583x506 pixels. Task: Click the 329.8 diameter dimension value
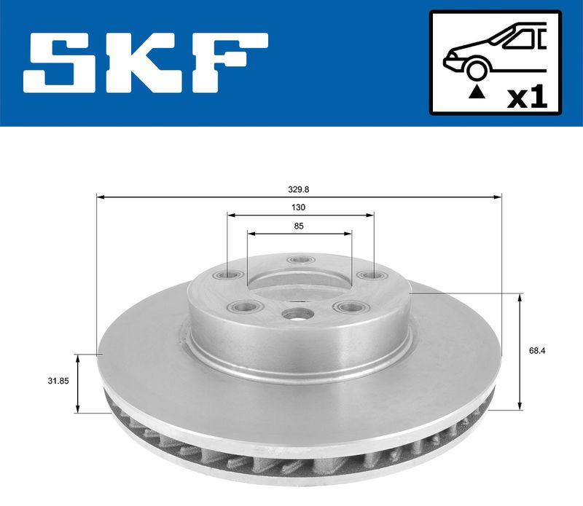tap(299, 189)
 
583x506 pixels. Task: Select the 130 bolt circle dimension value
tap(298, 207)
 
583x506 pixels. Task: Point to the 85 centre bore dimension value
tap(299, 226)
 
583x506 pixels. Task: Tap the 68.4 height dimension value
tap(537, 351)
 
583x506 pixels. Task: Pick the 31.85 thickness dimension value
tap(58, 381)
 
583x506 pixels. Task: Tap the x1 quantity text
tap(527, 98)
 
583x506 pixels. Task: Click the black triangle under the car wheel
tap(477, 92)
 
